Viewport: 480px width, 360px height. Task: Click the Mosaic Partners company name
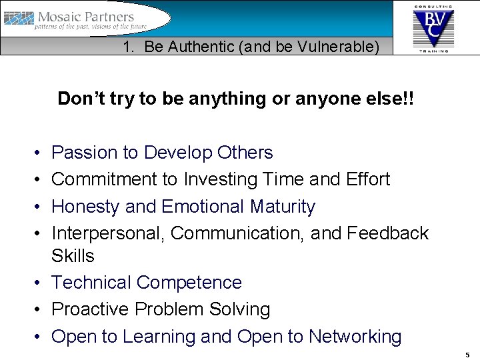86,17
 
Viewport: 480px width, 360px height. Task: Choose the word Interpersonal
107,233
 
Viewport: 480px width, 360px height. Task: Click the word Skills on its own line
73,256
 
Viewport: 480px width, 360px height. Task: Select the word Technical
91,283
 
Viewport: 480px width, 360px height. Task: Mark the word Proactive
90,309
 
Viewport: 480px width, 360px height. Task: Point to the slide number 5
467,355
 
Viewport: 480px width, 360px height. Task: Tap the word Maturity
282,207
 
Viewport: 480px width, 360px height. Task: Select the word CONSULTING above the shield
433,6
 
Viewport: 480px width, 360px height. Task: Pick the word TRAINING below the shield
433,50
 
